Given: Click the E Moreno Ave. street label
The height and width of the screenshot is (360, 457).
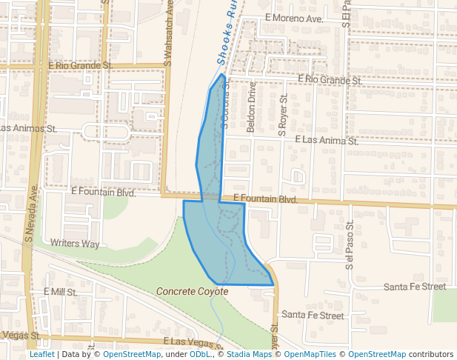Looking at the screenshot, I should click(293, 17).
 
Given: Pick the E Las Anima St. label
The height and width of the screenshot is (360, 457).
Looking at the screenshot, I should click(326, 139).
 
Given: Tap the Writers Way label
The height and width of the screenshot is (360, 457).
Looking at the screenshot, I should click(76, 243).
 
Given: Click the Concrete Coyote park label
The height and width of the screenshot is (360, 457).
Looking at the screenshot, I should click(192, 292).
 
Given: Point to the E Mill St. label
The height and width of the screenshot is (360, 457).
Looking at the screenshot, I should click(61, 292).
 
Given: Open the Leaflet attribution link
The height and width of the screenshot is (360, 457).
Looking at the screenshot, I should click(41, 354).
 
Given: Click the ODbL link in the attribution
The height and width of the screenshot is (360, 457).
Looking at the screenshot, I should click(199, 354).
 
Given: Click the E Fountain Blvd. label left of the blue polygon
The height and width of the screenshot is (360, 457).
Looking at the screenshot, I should click(104, 192).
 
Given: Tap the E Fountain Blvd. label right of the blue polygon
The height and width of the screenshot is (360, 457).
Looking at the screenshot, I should click(265, 199).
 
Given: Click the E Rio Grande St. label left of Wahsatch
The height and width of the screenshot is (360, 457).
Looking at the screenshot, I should click(80, 65).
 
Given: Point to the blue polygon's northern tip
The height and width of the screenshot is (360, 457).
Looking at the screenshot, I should click(221, 75).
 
